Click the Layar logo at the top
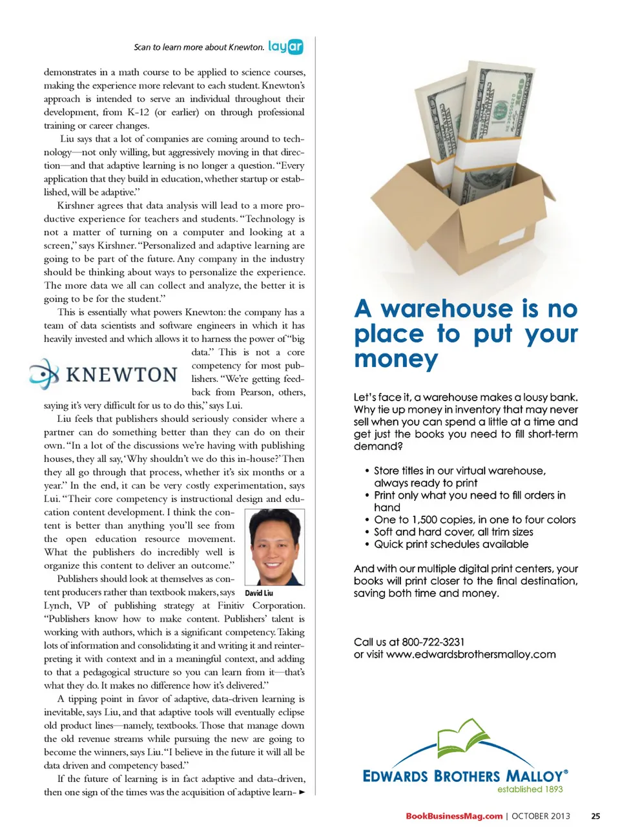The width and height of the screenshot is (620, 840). pos(285,47)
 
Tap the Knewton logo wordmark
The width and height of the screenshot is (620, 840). pos(121,375)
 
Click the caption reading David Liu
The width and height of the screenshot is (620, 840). pos(259,593)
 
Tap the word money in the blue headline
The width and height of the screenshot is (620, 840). pos(396,359)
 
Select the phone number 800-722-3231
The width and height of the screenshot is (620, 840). pos(433,642)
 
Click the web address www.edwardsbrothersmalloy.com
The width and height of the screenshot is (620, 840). pos(471,654)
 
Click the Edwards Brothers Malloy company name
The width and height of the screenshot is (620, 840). pos(465,776)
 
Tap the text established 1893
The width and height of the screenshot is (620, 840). pos(530,789)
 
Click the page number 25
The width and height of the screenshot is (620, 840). pos(595,816)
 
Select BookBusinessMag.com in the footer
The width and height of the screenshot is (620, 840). pos(454,816)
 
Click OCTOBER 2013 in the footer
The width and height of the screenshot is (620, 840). pos(541,816)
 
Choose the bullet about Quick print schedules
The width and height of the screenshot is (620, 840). pos(451,544)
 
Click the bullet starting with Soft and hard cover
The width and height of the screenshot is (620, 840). pos(453,532)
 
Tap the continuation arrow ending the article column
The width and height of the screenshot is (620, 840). pos(302,792)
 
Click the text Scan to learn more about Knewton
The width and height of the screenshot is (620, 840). pos(199,47)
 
